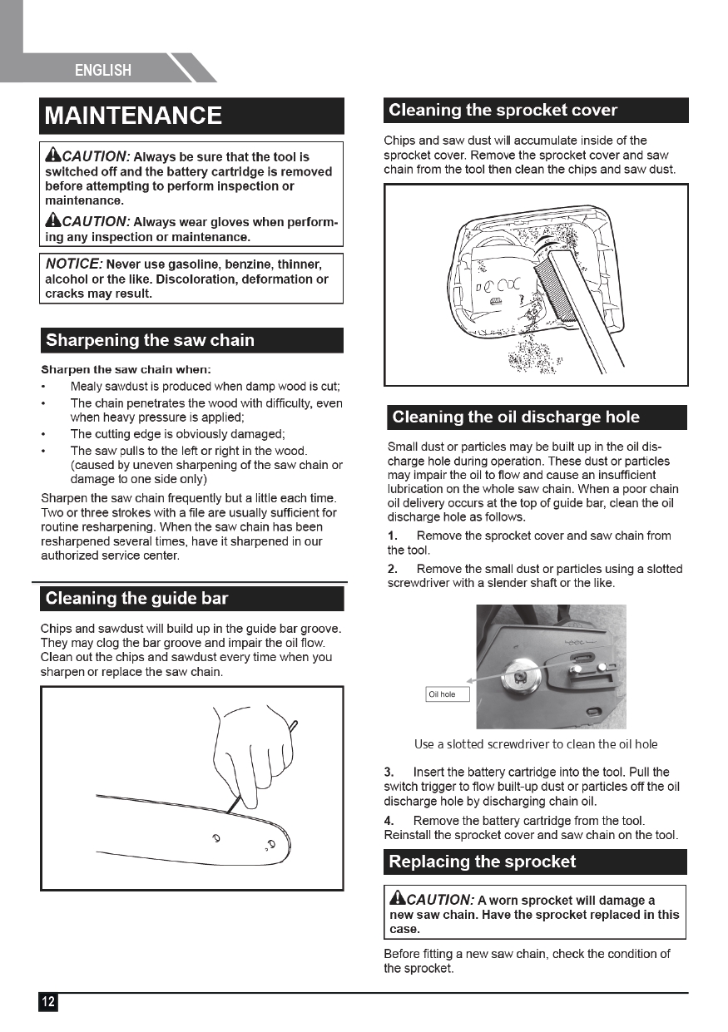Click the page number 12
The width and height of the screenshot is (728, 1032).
coord(48,1002)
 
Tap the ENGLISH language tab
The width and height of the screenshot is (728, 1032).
coord(103,70)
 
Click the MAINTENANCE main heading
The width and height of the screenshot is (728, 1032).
coord(133,116)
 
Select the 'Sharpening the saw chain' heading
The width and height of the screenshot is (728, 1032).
coord(150,340)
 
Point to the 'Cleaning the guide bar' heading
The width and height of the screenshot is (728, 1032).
coord(136,599)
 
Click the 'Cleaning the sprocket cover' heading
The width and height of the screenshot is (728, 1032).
coord(503,111)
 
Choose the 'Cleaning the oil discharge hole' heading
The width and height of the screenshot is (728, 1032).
coord(516,417)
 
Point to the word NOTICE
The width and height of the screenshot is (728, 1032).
coord(73,264)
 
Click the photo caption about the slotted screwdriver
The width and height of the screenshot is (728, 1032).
coord(535,744)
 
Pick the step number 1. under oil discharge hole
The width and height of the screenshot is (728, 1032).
coord(393,536)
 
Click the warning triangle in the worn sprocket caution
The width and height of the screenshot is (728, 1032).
coord(397,899)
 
